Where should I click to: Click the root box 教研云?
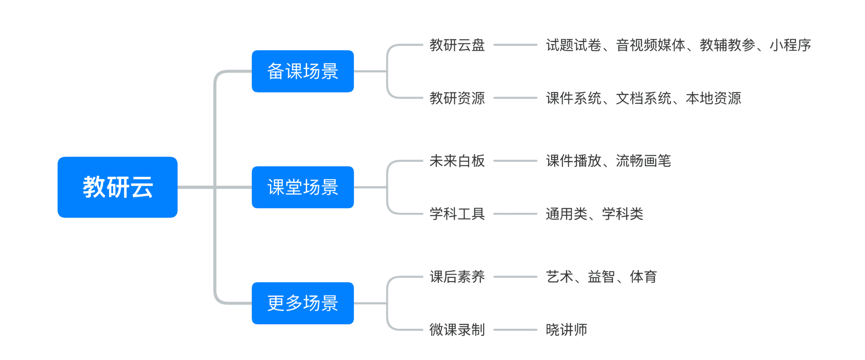[117, 187]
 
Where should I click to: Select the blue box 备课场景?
[303, 71]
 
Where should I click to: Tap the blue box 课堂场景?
[303, 187]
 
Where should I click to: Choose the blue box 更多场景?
[303, 303]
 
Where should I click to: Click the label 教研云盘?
[457, 45]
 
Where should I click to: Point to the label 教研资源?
[457, 98]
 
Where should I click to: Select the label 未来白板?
[457, 161]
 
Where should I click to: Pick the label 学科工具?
[457, 214]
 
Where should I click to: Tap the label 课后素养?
[457, 277]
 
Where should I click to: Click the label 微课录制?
[457, 330]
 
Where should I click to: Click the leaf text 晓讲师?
[567, 330]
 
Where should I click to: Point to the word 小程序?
[790, 45]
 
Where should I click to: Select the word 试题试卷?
[574, 45]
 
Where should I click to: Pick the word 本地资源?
[713, 98]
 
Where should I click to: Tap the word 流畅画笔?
[644, 161]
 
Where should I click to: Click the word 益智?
[601, 277]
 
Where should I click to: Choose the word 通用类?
[567, 214]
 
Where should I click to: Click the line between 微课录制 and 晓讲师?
[515, 330]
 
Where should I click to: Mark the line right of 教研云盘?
[515, 45]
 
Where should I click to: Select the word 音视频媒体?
[651, 45]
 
